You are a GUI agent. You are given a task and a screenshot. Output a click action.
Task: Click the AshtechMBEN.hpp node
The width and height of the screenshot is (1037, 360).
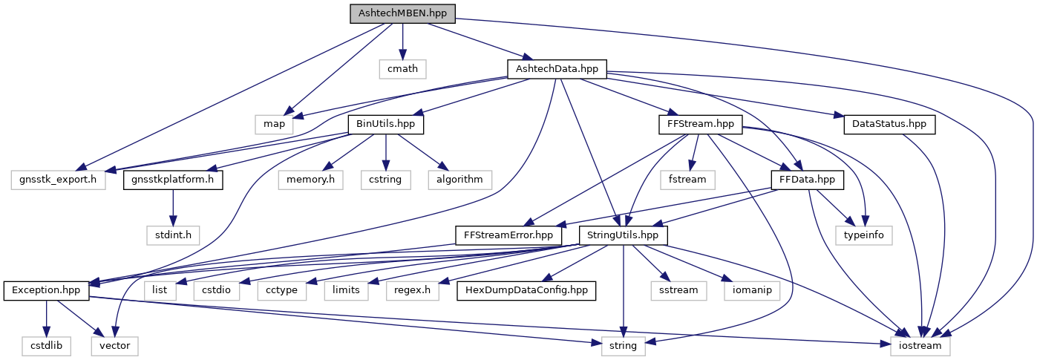coord(402,13)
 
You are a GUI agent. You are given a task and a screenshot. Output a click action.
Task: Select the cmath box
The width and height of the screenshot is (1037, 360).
coord(402,69)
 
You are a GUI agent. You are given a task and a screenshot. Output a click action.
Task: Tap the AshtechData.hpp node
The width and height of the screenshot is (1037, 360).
coord(557,69)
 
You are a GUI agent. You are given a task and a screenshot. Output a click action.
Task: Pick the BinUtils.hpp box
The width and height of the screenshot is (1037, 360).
coord(386,123)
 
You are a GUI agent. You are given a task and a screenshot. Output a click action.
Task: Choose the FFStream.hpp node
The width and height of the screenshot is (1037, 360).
coord(700,123)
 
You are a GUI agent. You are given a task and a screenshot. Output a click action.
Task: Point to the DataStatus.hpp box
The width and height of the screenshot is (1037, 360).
coord(889,123)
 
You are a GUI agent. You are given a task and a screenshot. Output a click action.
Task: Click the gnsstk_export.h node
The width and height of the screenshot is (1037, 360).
coord(58,179)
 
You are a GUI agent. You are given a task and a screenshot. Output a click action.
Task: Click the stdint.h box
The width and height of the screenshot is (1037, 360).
coord(172,235)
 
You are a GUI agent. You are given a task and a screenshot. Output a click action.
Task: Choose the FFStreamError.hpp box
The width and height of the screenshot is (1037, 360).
coord(508,235)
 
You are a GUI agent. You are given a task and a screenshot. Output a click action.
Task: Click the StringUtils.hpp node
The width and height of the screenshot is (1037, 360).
coord(623,235)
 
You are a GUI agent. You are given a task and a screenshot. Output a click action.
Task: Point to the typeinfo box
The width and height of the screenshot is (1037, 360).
coord(865,235)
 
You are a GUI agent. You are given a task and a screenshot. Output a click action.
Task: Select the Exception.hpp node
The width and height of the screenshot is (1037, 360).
coord(46,289)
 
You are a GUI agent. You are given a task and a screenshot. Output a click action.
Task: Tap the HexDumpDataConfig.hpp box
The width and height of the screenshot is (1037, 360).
coord(526,289)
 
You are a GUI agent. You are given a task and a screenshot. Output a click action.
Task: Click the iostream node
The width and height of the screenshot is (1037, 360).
coord(920,345)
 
